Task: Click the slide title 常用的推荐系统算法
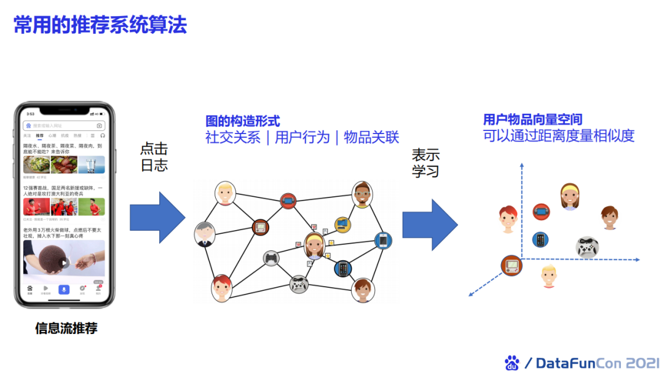100,25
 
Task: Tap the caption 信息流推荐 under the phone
66,328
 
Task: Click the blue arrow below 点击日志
157,218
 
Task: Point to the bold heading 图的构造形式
243,121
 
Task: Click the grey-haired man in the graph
205,234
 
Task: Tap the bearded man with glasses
362,194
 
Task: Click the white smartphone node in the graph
384,240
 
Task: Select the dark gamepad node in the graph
271,258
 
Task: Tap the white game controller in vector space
587,247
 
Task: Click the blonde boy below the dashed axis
549,277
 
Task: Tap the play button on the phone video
64,263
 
